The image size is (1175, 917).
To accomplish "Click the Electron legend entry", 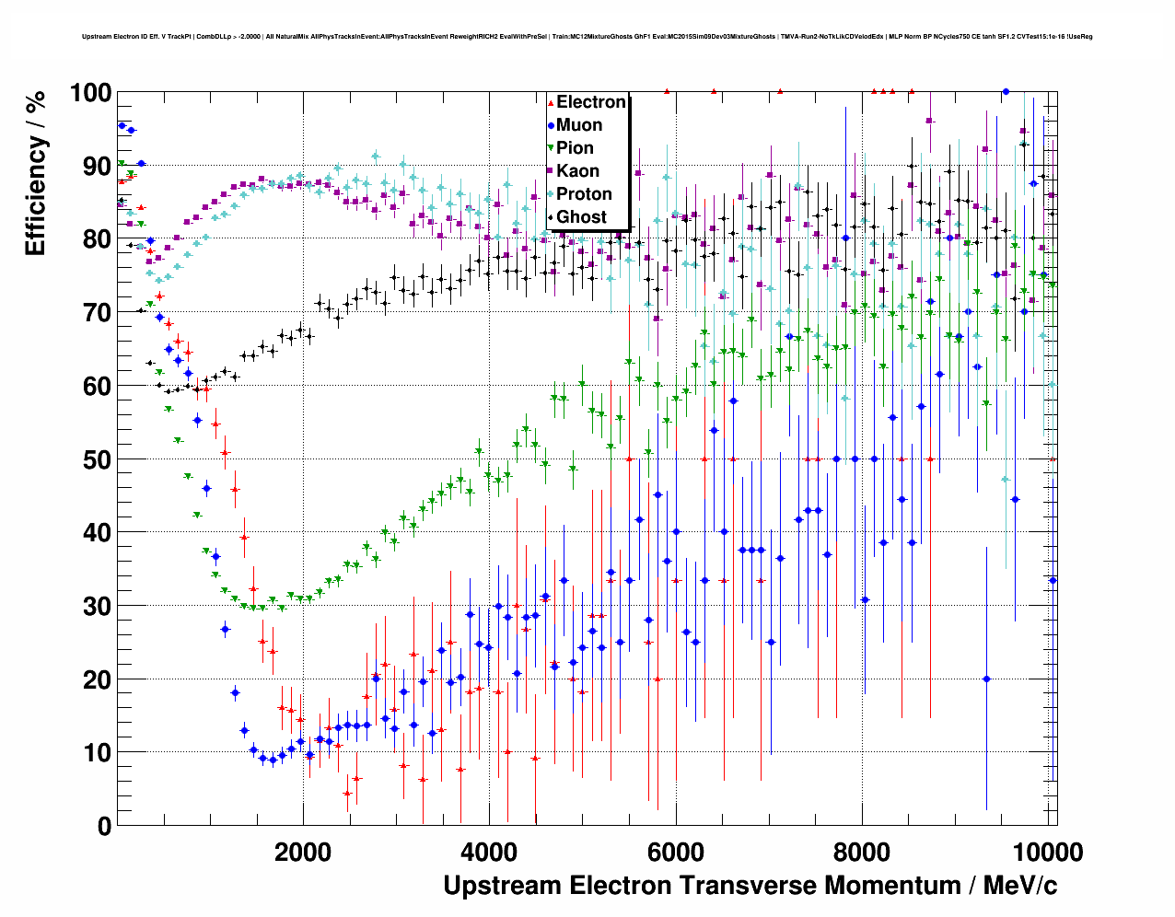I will coord(590,102).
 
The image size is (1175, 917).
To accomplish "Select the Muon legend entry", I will coord(578,125).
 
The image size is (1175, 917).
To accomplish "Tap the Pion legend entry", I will coord(575,148).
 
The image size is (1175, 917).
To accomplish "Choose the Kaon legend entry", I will coord(577,171).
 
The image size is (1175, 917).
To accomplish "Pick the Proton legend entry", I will coord(584,194).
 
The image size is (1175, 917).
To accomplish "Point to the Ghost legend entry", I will coord(581,217).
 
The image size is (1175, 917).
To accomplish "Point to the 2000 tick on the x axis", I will coord(303,852).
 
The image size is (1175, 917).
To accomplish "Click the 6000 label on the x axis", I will coord(676,852).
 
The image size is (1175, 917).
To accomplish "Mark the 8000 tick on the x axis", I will coord(862,852).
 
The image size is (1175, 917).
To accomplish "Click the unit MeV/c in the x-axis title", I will coord(1019,886).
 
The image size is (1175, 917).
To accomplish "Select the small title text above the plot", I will coord(587,37).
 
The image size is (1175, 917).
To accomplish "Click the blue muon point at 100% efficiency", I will coord(1006,92).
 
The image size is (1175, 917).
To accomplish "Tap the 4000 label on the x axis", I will coord(489,852).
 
